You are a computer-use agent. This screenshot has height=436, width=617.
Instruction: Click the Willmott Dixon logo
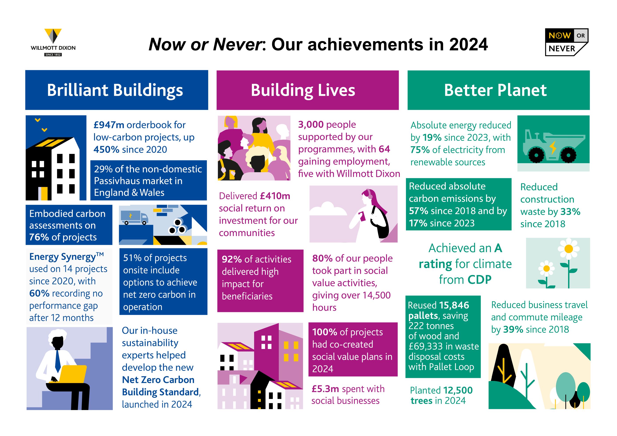coord(53,42)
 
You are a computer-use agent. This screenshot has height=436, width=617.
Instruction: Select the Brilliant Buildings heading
coord(115,90)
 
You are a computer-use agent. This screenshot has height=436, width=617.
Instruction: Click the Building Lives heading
coord(303,90)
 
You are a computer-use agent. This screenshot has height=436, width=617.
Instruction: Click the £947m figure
coord(109,125)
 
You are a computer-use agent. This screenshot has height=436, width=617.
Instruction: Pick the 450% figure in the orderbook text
coord(106,150)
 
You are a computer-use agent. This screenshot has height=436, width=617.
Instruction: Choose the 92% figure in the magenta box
coord(232,259)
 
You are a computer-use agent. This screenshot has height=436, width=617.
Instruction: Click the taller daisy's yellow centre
coord(569,249)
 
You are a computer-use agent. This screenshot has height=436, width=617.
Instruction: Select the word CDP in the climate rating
coord(479,280)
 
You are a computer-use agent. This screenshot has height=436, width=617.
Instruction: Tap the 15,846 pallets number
coord(454,305)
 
